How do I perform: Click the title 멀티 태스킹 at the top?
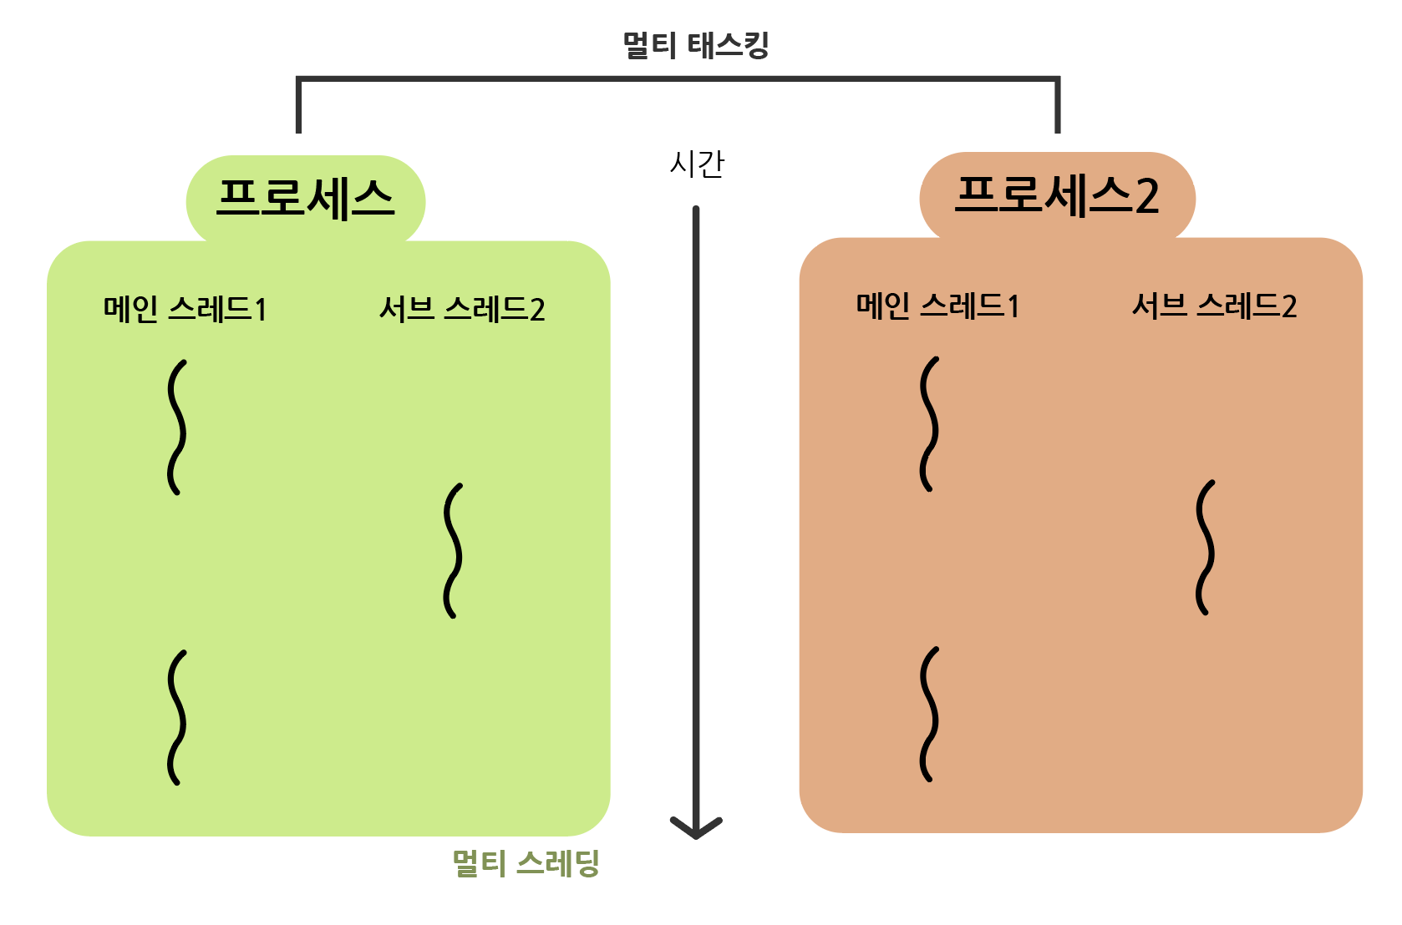pyautogui.click(x=696, y=45)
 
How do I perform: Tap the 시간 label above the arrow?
pyautogui.click(x=697, y=164)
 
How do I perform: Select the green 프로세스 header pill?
pyautogui.click(x=305, y=200)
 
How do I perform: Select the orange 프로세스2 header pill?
pyautogui.click(x=1057, y=196)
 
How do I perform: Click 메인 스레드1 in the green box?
pyautogui.click(x=185, y=310)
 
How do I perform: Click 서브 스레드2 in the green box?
pyautogui.click(x=462, y=310)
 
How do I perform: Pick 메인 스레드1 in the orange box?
pyautogui.click(x=937, y=306)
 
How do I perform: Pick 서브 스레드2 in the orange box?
pyautogui.click(x=1214, y=306)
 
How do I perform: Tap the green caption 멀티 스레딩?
pyautogui.click(x=526, y=863)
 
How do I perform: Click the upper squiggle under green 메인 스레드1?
pyautogui.click(x=176, y=427)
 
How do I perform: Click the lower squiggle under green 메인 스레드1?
pyautogui.click(x=176, y=718)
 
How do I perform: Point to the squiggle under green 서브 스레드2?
pyautogui.click(x=453, y=551)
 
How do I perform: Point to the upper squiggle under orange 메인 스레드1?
pyautogui.click(x=929, y=424)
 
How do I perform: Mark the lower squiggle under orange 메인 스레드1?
pyautogui.click(x=929, y=715)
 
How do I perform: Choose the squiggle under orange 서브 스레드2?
pyautogui.click(x=1205, y=548)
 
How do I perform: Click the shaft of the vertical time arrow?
pyautogui.click(x=696, y=501)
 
